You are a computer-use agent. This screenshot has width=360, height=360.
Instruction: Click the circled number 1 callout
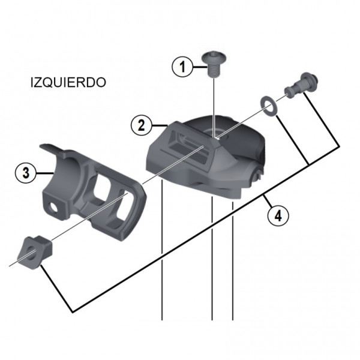(x=182, y=67)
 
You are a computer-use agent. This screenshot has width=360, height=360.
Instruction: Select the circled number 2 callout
(x=140, y=125)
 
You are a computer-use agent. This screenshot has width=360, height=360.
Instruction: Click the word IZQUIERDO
(x=67, y=83)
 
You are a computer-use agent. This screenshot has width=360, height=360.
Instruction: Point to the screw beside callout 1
(x=214, y=62)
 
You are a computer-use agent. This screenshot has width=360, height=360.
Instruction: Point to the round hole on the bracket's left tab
(x=58, y=208)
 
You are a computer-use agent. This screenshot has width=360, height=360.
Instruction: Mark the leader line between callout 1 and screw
(x=198, y=67)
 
